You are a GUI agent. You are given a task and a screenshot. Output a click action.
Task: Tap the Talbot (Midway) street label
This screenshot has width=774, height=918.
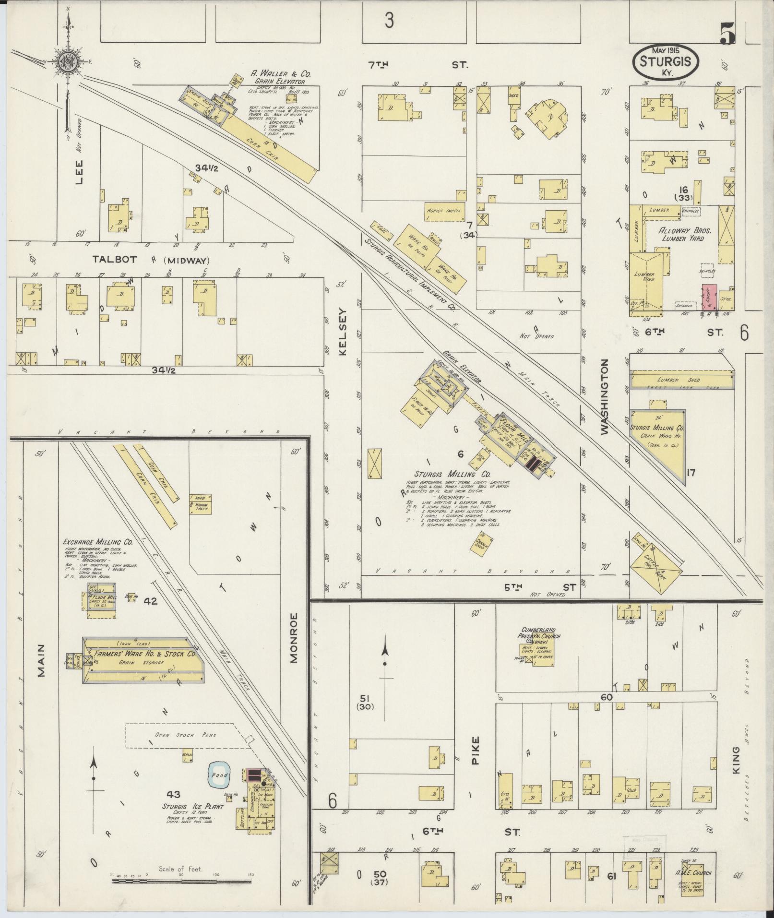(x=151, y=260)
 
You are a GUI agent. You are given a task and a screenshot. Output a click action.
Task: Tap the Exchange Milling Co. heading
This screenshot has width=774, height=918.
(x=98, y=541)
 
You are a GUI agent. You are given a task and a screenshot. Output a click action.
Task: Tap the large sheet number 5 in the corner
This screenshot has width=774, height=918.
(x=727, y=34)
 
